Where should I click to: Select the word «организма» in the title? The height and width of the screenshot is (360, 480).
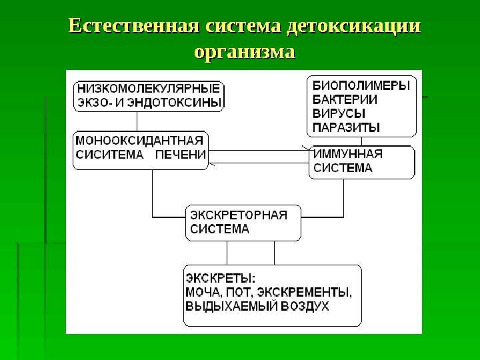tap(244, 51)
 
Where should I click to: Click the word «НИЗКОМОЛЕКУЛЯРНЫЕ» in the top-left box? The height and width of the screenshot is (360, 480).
tap(148, 88)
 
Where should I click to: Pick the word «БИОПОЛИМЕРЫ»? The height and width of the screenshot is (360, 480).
tap(361, 87)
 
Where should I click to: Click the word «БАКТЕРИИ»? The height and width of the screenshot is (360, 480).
tap(345, 100)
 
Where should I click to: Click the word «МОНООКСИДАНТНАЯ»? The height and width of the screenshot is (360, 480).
tap(139, 141)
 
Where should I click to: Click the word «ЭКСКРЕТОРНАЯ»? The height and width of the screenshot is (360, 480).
tap(239, 215)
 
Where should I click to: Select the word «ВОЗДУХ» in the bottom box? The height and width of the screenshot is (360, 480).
tap(304, 307)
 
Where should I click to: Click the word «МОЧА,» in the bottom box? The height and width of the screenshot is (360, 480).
tap(203, 292)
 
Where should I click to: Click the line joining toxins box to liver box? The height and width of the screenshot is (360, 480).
tap(138, 121)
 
